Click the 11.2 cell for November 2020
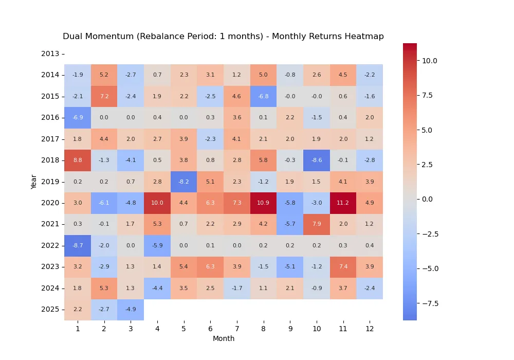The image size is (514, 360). pos(343,203)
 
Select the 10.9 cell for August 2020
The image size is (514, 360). pos(263,203)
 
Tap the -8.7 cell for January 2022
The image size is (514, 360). pos(78,246)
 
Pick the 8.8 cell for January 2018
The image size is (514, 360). pos(78,160)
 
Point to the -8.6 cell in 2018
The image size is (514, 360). pos(317,160)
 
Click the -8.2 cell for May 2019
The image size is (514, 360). pos(183,182)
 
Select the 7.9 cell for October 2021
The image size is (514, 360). pos(317,224)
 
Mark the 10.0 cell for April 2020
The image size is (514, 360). pos(157,203)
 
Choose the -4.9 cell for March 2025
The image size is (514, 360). pos(131,310)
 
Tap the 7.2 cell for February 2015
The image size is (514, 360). pos(104,96)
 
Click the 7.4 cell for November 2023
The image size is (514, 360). pos(343,267)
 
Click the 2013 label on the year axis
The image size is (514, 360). pos(50,53)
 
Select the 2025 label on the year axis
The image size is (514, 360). pos(50,310)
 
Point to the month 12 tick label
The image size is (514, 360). pos(370,329)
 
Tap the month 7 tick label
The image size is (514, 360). pos(237,329)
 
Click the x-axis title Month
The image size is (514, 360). pos(224,338)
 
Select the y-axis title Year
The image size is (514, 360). pos(34,182)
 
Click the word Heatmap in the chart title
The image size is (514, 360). pos(365,37)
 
